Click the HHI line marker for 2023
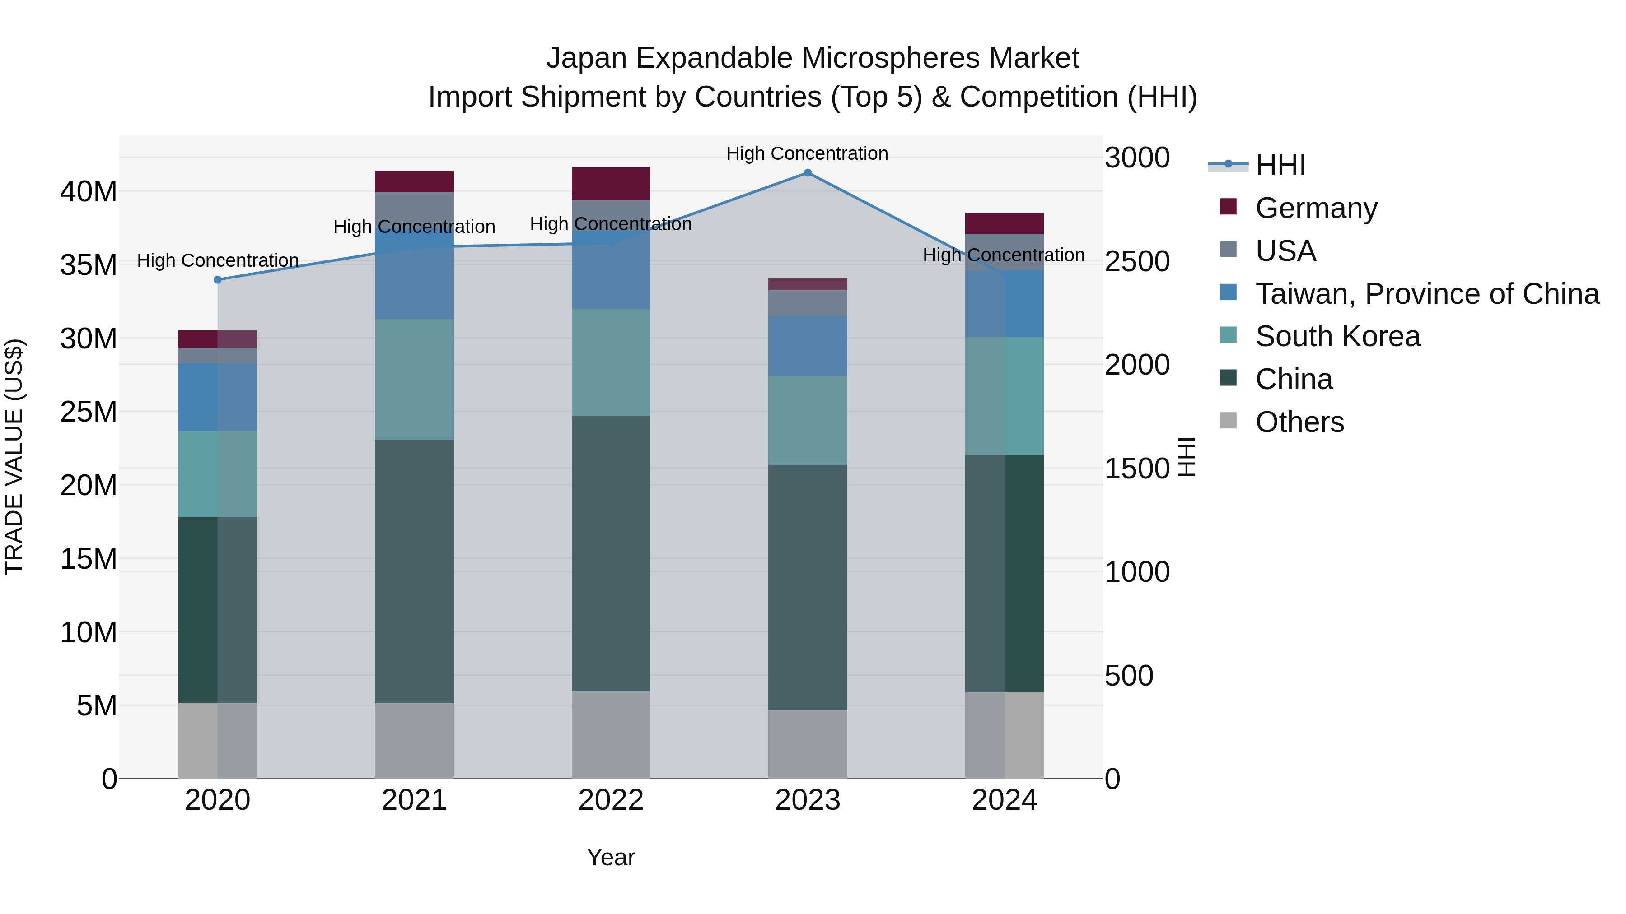click(x=807, y=173)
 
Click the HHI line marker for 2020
click(x=218, y=279)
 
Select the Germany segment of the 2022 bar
click(x=610, y=184)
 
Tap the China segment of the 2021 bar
click(x=414, y=571)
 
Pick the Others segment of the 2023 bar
click(x=807, y=744)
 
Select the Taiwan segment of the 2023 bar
click(x=807, y=346)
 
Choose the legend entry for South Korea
click(x=1337, y=336)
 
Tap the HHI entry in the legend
click(x=1280, y=165)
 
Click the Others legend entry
click(x=1299, y=422)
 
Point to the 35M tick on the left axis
click(x=89, y=265)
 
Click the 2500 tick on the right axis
click(x=1137, y=261)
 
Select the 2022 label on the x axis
click(x=610, y=800)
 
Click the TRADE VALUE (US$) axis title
click(x=14, y=457)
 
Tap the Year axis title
click(x=610, y=857)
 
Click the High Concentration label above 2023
click(x=807, y=153)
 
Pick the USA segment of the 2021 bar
click(x=414, y=208)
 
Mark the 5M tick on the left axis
click(x=96, y=705)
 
